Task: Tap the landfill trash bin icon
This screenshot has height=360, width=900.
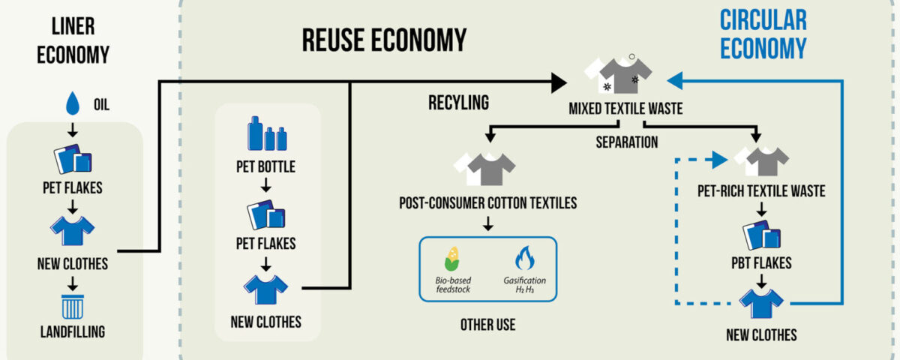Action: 73,305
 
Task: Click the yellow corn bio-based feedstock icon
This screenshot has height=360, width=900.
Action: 451,259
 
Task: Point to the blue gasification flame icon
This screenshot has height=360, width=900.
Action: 524,259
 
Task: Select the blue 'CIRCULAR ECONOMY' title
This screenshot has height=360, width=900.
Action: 763,34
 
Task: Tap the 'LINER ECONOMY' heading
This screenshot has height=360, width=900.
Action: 73,40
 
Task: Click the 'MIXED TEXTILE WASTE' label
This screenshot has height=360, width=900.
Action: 625,109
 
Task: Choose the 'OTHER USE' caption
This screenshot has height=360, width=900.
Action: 488,325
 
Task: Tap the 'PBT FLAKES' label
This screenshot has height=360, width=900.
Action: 761,263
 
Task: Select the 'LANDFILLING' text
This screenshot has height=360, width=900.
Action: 73,331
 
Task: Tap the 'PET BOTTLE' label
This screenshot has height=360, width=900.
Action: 265,166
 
